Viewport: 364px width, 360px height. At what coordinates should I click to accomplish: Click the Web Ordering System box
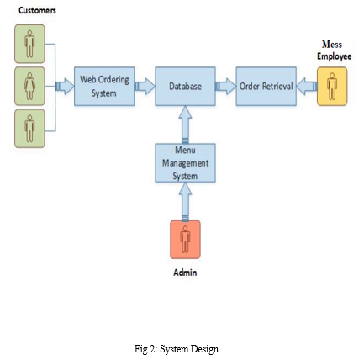[104, 87]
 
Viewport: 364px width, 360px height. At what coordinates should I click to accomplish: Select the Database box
[185, 87]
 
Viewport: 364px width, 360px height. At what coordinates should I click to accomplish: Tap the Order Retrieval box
[266, 87]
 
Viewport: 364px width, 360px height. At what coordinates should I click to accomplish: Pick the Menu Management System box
[185, 163]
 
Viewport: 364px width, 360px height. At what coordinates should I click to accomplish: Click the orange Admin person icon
[185, 240]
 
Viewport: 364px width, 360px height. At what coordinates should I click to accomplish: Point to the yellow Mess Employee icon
[332, 87]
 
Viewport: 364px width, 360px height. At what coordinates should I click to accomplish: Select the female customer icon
[29, 87]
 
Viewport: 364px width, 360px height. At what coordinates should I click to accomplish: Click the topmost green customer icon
[29, 44]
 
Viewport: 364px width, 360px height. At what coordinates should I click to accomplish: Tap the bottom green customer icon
[29, 129]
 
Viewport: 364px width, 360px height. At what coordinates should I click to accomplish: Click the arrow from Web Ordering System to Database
[145, 87]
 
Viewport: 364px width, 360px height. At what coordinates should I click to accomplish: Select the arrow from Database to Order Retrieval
[226, 87]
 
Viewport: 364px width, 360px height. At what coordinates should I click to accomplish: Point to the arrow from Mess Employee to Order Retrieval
[307, 87]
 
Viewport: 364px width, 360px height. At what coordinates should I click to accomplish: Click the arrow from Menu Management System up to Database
[185, 124]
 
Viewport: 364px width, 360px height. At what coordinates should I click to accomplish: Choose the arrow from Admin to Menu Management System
[185, 201]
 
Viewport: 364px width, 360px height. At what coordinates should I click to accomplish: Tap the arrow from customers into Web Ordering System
[65, 87]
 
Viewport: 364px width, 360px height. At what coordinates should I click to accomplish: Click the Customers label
[37, 11]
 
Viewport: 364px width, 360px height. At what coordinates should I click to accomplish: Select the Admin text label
[185, 273]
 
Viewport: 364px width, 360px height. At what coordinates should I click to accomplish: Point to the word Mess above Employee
[332, 45]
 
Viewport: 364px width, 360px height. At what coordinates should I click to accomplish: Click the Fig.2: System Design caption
[177, 349]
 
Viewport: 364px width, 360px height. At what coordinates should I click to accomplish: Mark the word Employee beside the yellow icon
[335, 56]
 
